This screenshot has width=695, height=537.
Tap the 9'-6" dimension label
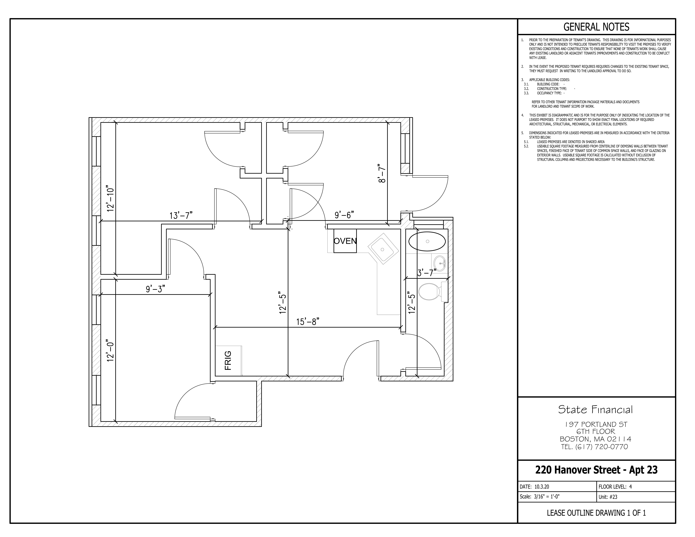click(344, 215)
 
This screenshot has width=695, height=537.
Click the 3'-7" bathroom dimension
click(427, 273)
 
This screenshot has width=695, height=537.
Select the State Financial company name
click(595, 410)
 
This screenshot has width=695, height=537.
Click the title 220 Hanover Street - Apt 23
click(596, 470)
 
